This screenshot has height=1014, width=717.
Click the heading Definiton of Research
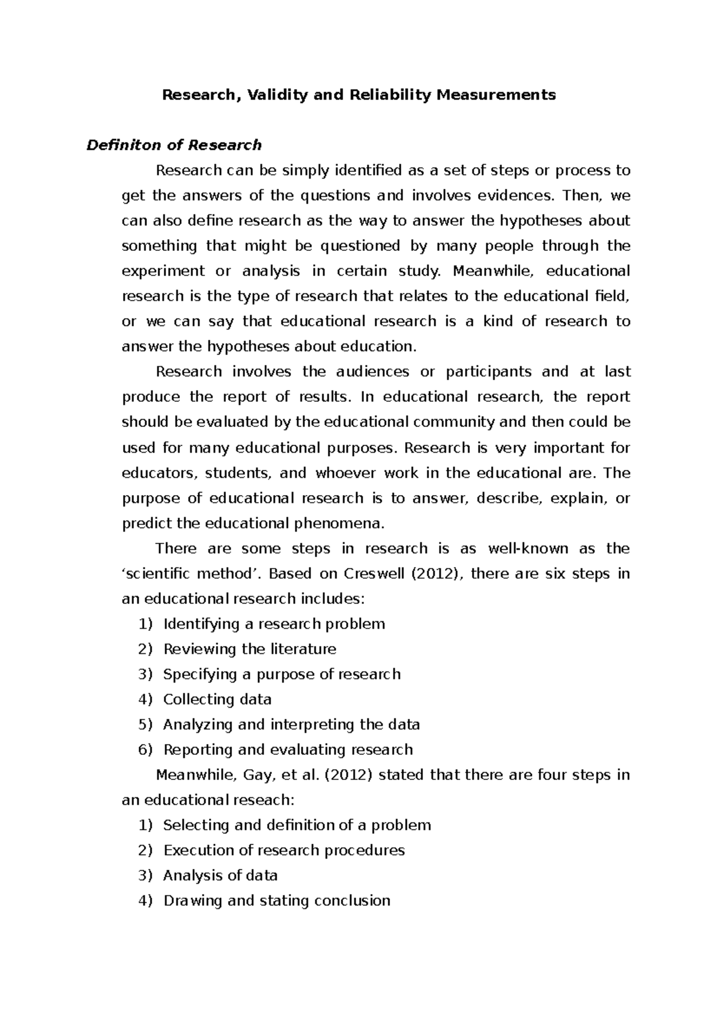174,145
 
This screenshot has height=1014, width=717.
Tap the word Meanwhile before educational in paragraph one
491,271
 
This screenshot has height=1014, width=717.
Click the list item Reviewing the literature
250,649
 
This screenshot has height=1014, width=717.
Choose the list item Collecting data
217,699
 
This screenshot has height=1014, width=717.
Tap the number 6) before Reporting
145,749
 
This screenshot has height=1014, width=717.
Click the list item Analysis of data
220,875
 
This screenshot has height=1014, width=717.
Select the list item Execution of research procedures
284,850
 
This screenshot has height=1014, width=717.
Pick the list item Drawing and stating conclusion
277,901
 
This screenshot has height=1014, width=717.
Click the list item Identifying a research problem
274,624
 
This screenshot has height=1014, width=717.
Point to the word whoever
345,474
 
